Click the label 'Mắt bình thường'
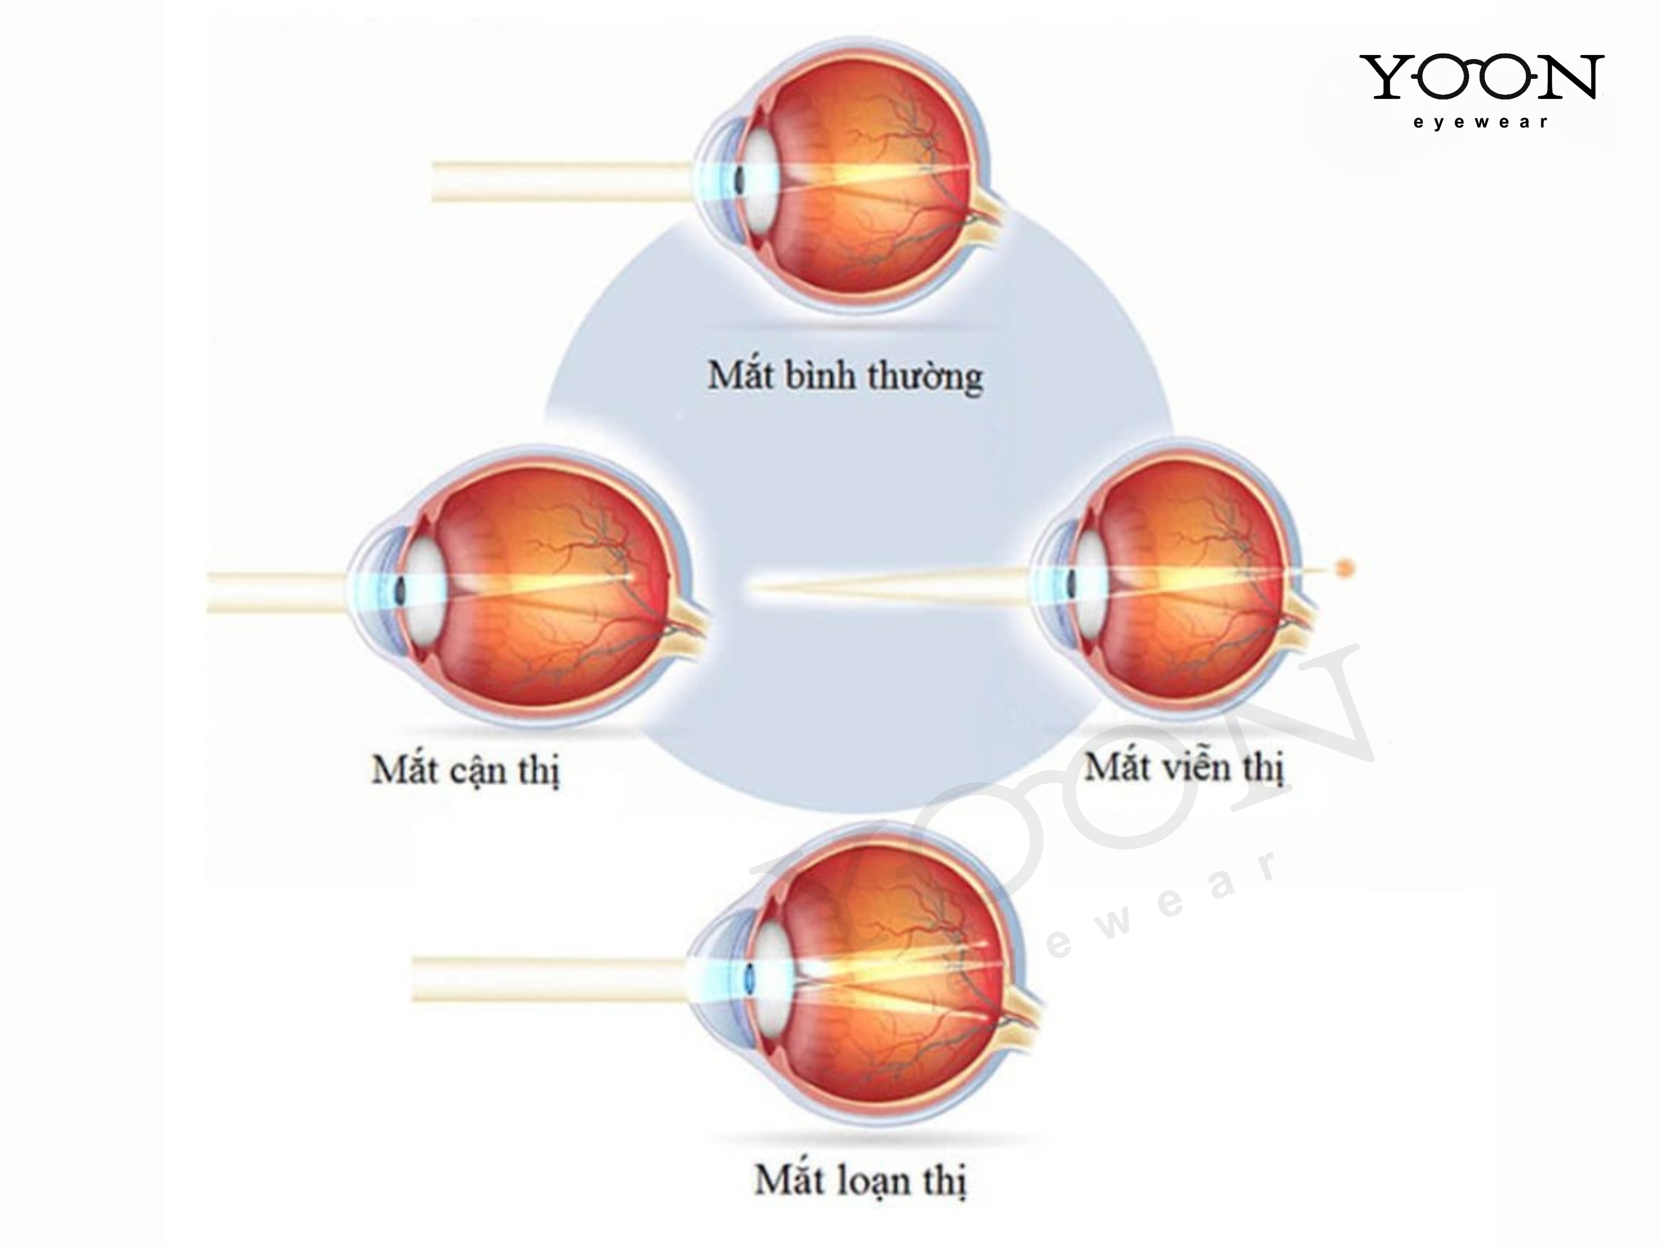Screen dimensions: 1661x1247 pos(845,375)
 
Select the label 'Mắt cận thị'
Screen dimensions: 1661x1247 pos(466,770)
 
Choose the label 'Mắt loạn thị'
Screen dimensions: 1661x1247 pos(860,1179)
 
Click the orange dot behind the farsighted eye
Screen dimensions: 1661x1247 pos(1346,568)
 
